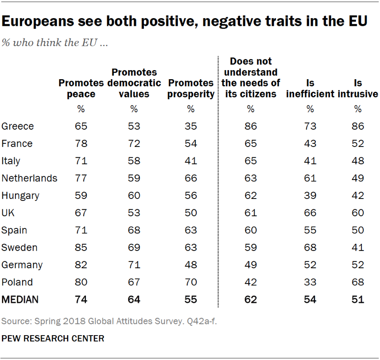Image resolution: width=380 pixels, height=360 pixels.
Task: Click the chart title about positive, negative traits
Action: pos(184,21)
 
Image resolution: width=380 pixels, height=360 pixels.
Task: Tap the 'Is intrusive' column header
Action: pos(358,88)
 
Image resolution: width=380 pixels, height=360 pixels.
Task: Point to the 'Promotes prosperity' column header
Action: pos(191,88)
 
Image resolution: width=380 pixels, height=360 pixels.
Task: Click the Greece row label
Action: pos(18,126)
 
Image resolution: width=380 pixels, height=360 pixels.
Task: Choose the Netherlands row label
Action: pos(29,178)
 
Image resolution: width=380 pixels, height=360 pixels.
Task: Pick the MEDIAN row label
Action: pos(20,299)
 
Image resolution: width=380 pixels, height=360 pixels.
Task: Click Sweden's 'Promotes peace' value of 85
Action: pos(81,247)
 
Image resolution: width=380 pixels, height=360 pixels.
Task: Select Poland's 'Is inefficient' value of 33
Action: pos(310,282)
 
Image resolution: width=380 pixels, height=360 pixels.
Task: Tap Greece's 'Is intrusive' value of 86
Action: pos(358,126)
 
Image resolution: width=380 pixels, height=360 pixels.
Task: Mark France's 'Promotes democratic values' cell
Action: pos(134,144)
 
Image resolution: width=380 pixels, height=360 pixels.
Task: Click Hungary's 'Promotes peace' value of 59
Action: pos(81,195)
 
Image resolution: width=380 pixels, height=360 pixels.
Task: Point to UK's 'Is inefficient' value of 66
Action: pos(310,213)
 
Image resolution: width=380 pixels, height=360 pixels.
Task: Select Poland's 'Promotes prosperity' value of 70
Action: pos(191,282)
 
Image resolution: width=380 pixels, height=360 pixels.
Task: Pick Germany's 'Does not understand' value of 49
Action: pos(250,265)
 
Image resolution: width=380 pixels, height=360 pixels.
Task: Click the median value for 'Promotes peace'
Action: pos(81,299)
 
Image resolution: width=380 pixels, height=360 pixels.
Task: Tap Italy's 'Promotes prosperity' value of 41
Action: pos(191,161)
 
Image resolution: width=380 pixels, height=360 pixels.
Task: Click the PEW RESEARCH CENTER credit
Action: pos(53,338)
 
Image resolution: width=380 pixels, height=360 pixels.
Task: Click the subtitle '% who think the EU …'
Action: pos(54,43)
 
